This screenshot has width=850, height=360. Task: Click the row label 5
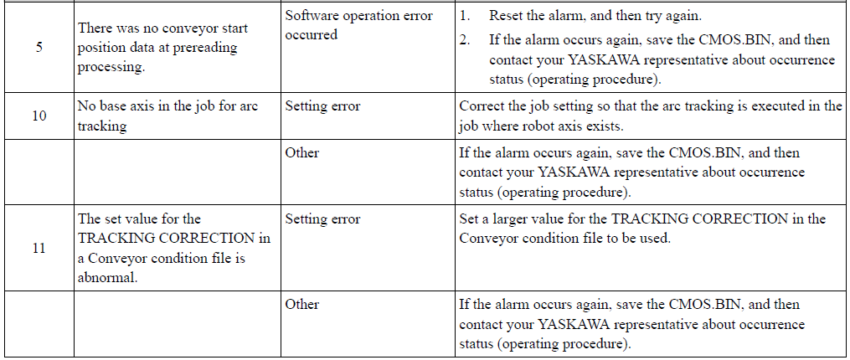39,47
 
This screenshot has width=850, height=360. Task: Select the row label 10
39,116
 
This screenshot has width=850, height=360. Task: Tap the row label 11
39,249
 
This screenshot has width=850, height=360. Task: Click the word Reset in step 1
503,16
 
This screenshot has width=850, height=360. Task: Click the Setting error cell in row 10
322,106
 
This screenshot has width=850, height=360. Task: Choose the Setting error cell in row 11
322,219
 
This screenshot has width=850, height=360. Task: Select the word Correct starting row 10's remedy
479,106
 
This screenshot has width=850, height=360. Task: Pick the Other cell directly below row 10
302,153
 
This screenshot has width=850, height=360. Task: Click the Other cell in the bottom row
302,304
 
